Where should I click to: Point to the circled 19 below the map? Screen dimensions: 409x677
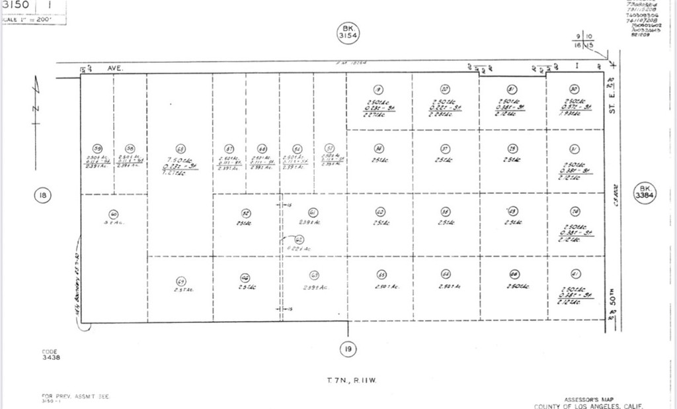348,348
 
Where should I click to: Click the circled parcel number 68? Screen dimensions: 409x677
180,148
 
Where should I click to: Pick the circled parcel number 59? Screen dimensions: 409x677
97,148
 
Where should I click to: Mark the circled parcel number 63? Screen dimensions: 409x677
315,275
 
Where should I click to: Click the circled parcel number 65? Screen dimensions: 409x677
381,275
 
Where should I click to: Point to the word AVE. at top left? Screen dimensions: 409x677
116,68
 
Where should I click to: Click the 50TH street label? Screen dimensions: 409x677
613,293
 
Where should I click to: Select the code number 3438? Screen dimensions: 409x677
51,357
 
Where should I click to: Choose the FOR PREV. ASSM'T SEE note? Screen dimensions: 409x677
74,396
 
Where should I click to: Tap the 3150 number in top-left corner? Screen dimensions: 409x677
16,5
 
